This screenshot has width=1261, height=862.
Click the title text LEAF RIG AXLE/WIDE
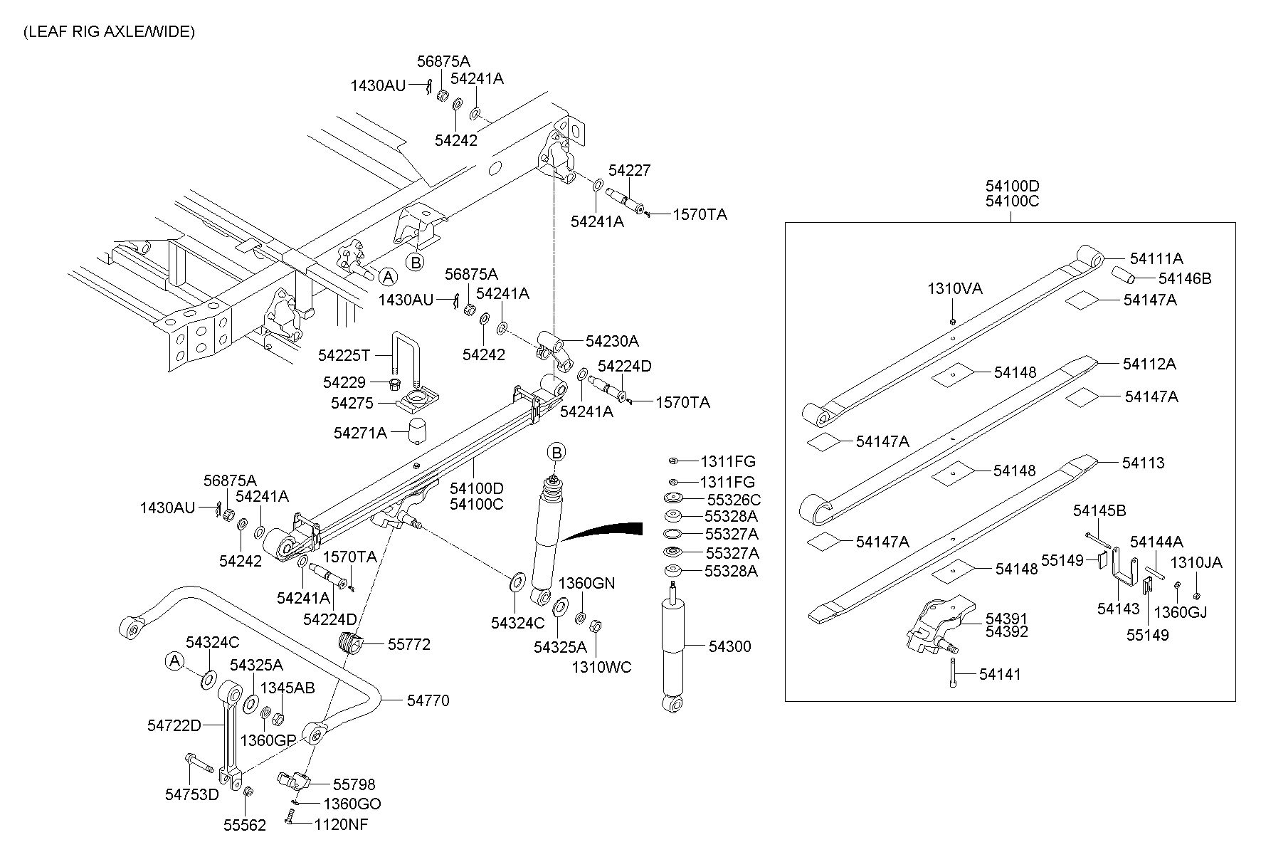[x=109, y=32]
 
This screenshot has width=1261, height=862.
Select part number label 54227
[x=629, y=171]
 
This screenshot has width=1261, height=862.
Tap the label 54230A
[x=612, y=341]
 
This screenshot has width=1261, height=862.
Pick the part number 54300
[x=729, y=646]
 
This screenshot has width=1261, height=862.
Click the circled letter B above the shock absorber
[x=556, y=452]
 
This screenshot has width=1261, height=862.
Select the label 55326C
[x=733, y=500]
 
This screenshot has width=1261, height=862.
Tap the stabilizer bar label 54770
[x=428, y=700]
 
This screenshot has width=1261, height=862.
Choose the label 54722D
[x=174, y=725]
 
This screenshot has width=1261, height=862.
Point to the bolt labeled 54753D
[x=199, y=767]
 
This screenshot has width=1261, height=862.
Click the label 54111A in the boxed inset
[x=1156, y=258]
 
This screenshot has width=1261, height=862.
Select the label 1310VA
[x=954, y=289]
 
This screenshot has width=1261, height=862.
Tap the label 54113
[x=1143, y=463]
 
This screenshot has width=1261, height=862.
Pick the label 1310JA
[x=1196, y=562]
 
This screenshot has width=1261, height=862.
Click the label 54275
[x=352, y=404]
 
